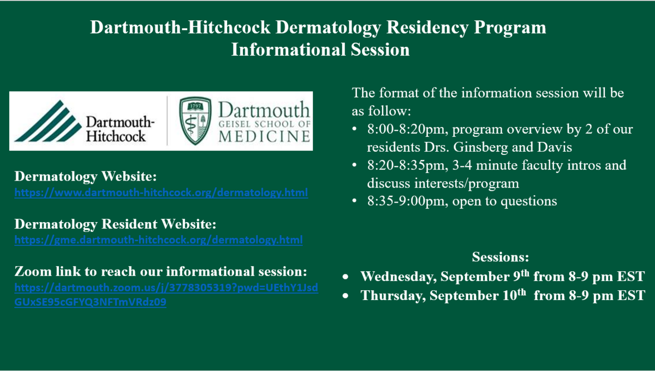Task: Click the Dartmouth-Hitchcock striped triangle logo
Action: tap(48, 121)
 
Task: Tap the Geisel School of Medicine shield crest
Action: tap(195, 121)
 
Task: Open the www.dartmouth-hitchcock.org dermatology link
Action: tap(161, 193)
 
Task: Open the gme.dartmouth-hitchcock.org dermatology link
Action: tap(158, 240)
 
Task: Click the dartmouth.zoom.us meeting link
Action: tap(166, 295)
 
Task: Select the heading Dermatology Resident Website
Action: tap(115, 224)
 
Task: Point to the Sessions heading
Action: tap(501, 256)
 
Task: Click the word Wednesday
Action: tap(398, 277)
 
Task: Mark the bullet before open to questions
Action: tap(354, 201)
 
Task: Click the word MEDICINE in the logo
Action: tap(264, 136)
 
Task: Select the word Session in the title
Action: tap(380, 50)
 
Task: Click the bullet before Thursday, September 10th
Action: tap(346, 296)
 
